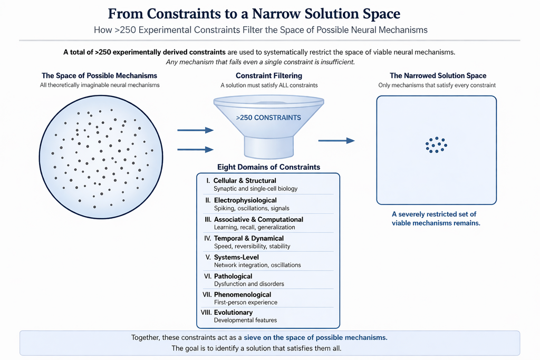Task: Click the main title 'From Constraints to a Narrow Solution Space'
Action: pyautogui.click(x=269, y=13)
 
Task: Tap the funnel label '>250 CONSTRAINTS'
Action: pyautogui.click(x=269, y=118)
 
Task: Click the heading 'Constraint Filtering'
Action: pyautogui.click(x=269, y=76)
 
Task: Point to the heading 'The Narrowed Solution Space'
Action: pyautogui.click(x=438, y=76)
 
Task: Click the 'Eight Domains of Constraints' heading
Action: pyautogui.click(x=268, y=167)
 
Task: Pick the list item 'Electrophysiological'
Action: pyautogui.click(x=245, y=200)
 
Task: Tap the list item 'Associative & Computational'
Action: pyautogui.click(x=258, y=219)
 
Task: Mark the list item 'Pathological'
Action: pyautogui.click(x=233, y=276)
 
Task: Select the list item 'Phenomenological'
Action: pyautogui.click(x=243, y=295)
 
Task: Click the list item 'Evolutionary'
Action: pyautogui.click(x=234, y=313)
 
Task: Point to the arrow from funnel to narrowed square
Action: pyautogui.click(x=336, y=141)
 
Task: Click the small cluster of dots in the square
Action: pyautogui.click(x=436, y=144)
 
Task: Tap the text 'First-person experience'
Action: pyautogui.click(x=246, y=303)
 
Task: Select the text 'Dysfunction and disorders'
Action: pyautogui.click(x=249, y=284)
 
